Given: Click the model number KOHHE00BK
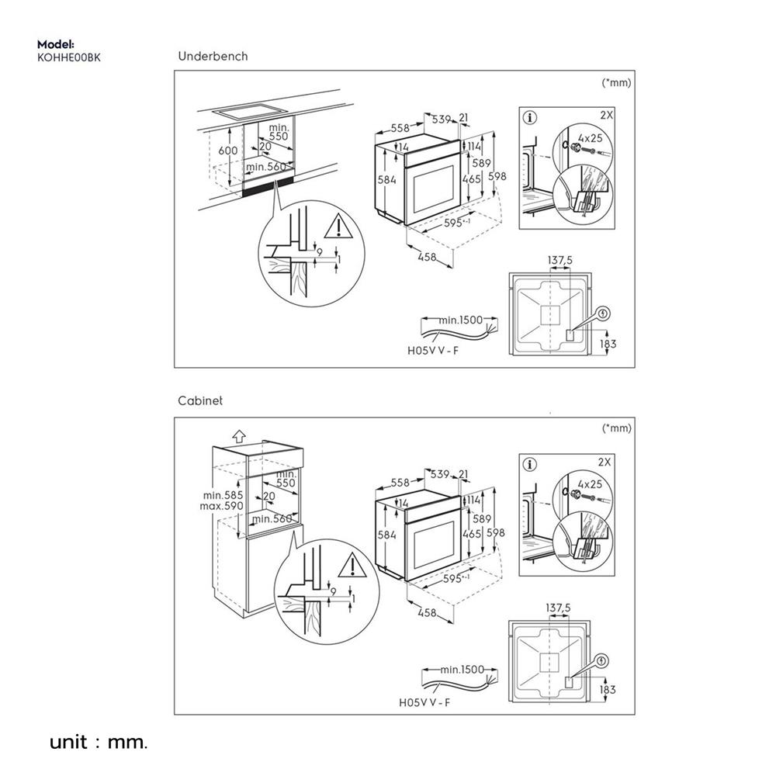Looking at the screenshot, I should [68, 57].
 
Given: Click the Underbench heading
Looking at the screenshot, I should [213, 57].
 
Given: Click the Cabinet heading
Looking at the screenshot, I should [199, 401].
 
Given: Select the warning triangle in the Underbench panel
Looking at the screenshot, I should [338, 227].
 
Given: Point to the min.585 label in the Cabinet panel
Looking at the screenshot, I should [223, 495].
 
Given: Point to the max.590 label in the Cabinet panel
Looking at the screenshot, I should [223, 506].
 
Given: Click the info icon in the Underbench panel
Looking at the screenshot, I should [531, 119].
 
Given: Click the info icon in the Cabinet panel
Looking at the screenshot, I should [531, 465].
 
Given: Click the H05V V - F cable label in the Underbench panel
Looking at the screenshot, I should [432, 350].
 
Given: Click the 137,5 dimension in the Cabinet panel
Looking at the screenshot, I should [559, 608].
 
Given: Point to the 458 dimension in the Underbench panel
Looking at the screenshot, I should [426, 258].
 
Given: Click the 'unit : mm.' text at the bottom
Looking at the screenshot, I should [98, 743].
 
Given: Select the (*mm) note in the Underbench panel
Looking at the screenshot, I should [617, 81].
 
